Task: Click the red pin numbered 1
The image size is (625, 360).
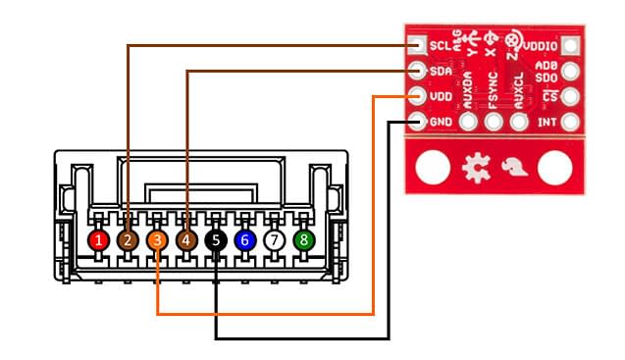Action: (x=98, y=238)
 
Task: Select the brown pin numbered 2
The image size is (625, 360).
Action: (x=128, y=238)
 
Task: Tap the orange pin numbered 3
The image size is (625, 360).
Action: (x=157, y=238)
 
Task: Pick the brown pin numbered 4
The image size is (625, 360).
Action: (x=186, y=238)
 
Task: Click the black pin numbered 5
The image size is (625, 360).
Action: (x=216, y=238)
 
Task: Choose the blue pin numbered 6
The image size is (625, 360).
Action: (x=246, y=238)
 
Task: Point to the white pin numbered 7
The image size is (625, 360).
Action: (x=276, y=238)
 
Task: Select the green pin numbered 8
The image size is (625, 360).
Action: (x=305, y=238)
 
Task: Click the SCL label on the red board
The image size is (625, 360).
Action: (x=441, y=45)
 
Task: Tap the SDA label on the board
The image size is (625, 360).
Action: (x=441, y=71)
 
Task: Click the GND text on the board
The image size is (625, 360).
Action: (x=441, y=123)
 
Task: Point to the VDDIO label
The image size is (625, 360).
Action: (x=541, y=45)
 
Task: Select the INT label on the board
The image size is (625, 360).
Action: (x=547, y=123)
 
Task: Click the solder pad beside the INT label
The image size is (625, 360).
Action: (x=569, y=123)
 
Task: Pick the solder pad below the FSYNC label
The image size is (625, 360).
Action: (x=494, y=123)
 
